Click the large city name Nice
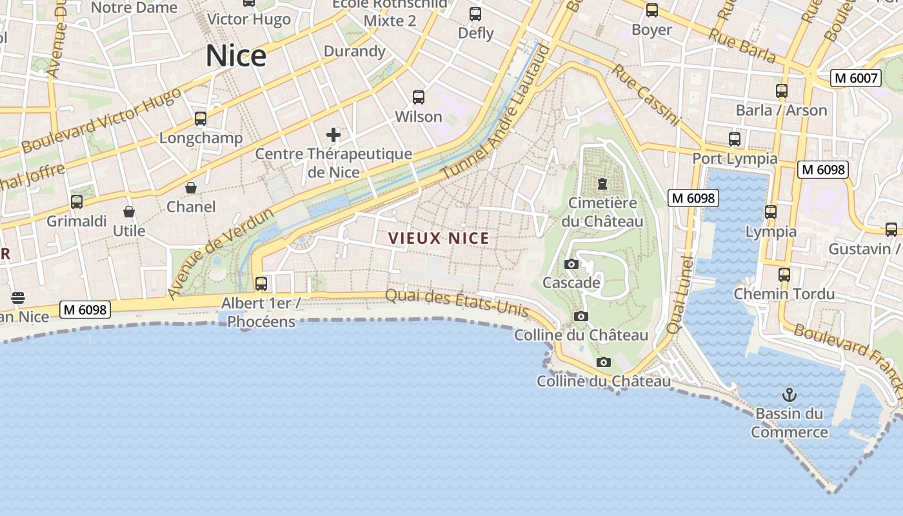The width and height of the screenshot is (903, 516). [236, 56]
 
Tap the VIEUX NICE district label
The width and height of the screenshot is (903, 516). [439, 238]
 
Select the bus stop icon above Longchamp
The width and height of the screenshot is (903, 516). [201, 119]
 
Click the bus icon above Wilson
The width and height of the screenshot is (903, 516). [419, 97]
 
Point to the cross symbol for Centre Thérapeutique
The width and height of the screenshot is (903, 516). [333, 135]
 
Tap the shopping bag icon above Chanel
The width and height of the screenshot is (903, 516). [191, 188]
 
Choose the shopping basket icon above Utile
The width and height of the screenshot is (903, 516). [129, 212]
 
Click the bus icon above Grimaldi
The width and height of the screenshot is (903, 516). [77, 202]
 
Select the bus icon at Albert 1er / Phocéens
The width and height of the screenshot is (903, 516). [261, 283]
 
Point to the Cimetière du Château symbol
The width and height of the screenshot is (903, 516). [602, 184]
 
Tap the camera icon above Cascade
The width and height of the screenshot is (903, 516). [571, 264]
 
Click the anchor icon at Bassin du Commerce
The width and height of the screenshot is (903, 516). [789, 394]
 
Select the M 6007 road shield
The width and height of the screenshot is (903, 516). [856, 78]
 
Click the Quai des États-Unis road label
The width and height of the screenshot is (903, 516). [457, 303]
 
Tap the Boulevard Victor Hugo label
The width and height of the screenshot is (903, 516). [101, 121]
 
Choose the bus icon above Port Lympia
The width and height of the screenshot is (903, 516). [735, 139]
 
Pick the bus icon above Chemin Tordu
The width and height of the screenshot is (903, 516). [784, 274]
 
